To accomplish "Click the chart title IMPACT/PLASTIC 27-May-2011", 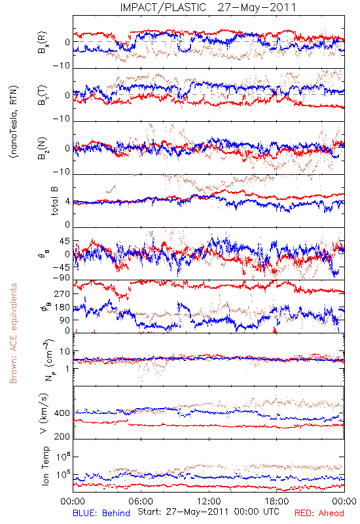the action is click(208, 7).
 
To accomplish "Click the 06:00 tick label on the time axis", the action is click(141, 501).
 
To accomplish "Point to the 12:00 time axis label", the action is click(209, 501).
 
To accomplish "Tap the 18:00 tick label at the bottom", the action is click(276, 501).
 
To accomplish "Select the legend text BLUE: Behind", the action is click(101, 513).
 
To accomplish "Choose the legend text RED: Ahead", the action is click(319, 513).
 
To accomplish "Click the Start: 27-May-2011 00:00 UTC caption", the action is click(208, 512).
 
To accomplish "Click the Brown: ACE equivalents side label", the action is click(13, 333).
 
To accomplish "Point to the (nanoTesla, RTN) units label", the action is click(14, 122).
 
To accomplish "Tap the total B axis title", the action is click(54, 201).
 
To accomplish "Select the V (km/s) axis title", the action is click(44, 413).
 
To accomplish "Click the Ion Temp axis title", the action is click(45, 466).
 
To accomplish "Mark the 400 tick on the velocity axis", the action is click(62, 413).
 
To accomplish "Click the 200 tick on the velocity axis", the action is click(62, 436).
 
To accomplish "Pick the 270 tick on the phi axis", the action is click(62, 293).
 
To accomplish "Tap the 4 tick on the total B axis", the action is click(68, 202).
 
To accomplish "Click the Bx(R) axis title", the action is click(43, 42).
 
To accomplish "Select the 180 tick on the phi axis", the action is click(62, 307).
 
